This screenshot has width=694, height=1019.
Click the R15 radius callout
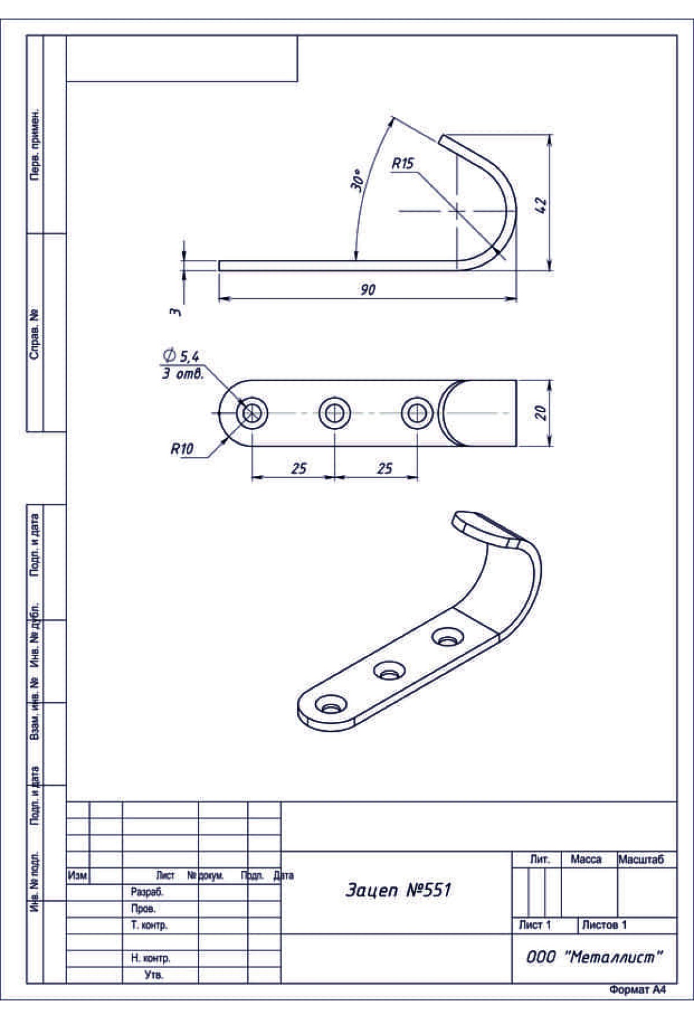403,164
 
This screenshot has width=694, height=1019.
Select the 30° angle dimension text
357,181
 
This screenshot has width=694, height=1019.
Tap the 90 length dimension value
368,289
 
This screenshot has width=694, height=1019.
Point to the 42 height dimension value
541,205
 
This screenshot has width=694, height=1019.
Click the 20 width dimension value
541,413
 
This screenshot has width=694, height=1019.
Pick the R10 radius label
182,449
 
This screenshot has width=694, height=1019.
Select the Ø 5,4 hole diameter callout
181,355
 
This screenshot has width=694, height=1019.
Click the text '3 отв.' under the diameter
183,373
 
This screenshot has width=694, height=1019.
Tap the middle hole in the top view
335,413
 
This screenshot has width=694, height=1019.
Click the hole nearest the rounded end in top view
252,413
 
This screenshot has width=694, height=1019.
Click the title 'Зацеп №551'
398,890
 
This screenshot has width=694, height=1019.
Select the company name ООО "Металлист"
594,957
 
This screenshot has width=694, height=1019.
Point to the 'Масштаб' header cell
641,860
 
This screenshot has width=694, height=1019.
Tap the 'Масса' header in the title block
586,860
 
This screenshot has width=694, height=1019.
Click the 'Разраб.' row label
147,892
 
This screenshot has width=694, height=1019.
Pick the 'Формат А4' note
637,990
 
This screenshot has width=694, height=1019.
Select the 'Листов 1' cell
604,925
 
